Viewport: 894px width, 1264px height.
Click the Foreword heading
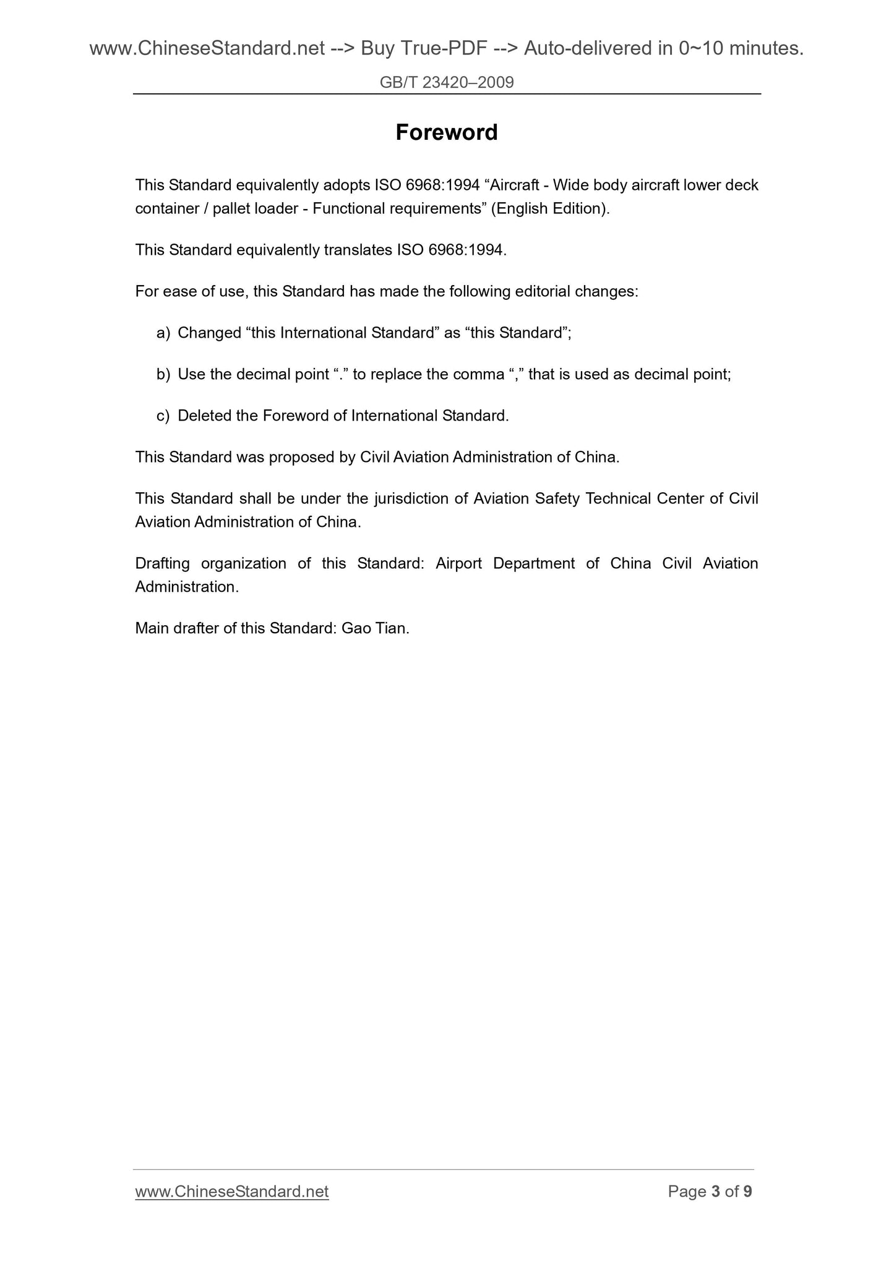coord(446,132)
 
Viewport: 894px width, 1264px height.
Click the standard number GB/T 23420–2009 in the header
coord(447,82)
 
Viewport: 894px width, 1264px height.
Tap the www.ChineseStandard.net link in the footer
coord(231,1191)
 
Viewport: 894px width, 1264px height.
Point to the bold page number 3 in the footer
coord(716,1191)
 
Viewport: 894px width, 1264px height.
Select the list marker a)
coord(163,333)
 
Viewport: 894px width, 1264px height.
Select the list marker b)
coord(163,374)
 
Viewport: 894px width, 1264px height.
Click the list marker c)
coord(163,416)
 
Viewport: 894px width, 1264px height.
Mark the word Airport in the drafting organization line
coord(458,563)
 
